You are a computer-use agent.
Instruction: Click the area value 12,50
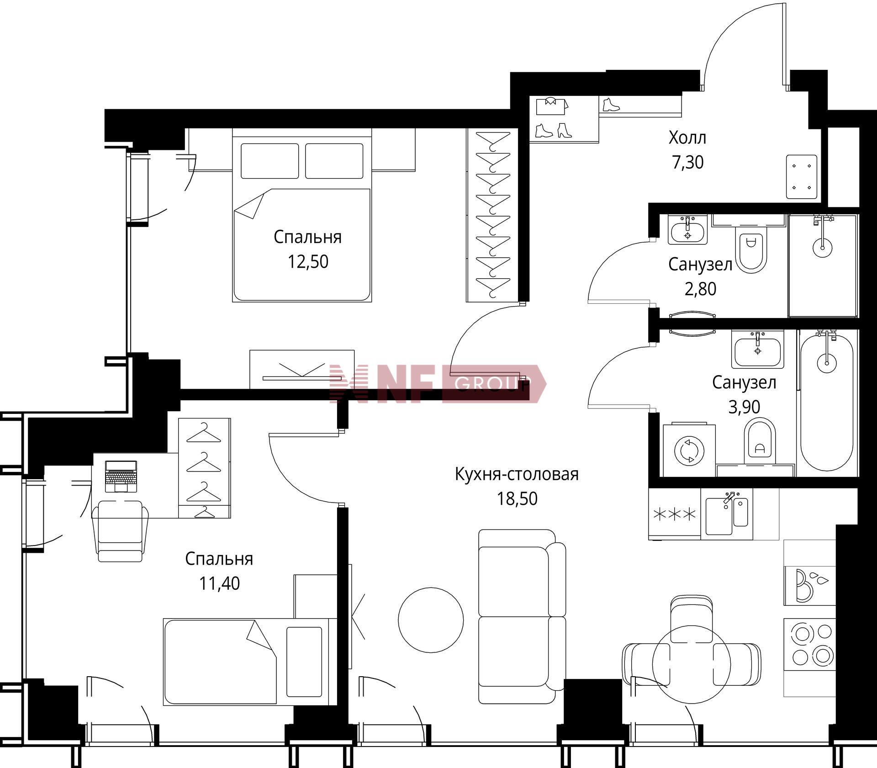tap(308, 262)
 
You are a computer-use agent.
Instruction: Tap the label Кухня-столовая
tap(517, 474)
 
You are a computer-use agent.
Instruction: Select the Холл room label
tap(687, 138)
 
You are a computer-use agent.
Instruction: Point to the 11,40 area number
tap(219, 583)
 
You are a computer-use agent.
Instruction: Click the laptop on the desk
tap(121, 476)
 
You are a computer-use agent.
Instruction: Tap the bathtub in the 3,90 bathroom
tap(827, 401)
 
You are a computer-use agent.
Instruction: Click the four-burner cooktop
tap(810, 644)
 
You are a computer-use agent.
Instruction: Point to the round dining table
tap(691, 664)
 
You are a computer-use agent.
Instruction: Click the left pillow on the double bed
tap(269, 161)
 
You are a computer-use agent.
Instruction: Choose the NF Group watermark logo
tap(438, 384)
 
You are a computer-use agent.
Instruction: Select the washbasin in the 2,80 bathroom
tap(687, 230)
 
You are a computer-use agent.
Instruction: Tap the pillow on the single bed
tap(304, 662)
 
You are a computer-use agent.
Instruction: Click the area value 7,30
tap(687, 162)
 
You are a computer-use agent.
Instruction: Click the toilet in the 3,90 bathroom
tap(760, 441)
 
